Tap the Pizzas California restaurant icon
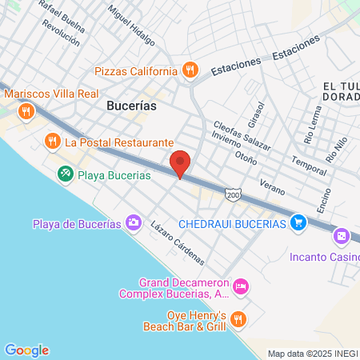click(x=190, y=70)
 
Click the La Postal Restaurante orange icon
click(x=52, y=142)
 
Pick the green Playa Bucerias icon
click(x=64, y=173)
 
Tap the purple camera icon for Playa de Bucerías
click(x=134, y=222)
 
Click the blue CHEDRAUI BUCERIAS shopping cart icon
click(x=298, y=222)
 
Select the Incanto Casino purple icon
click(x=341, y=236)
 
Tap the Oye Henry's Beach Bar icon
click(x=238, y=320)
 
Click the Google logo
click(x=26, y=350)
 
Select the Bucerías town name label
click(x=131, y=105)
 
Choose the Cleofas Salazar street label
click(x=242, y=137)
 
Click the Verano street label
click(x=272, y=188)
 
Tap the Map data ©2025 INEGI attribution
click(x=312, y=354)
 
